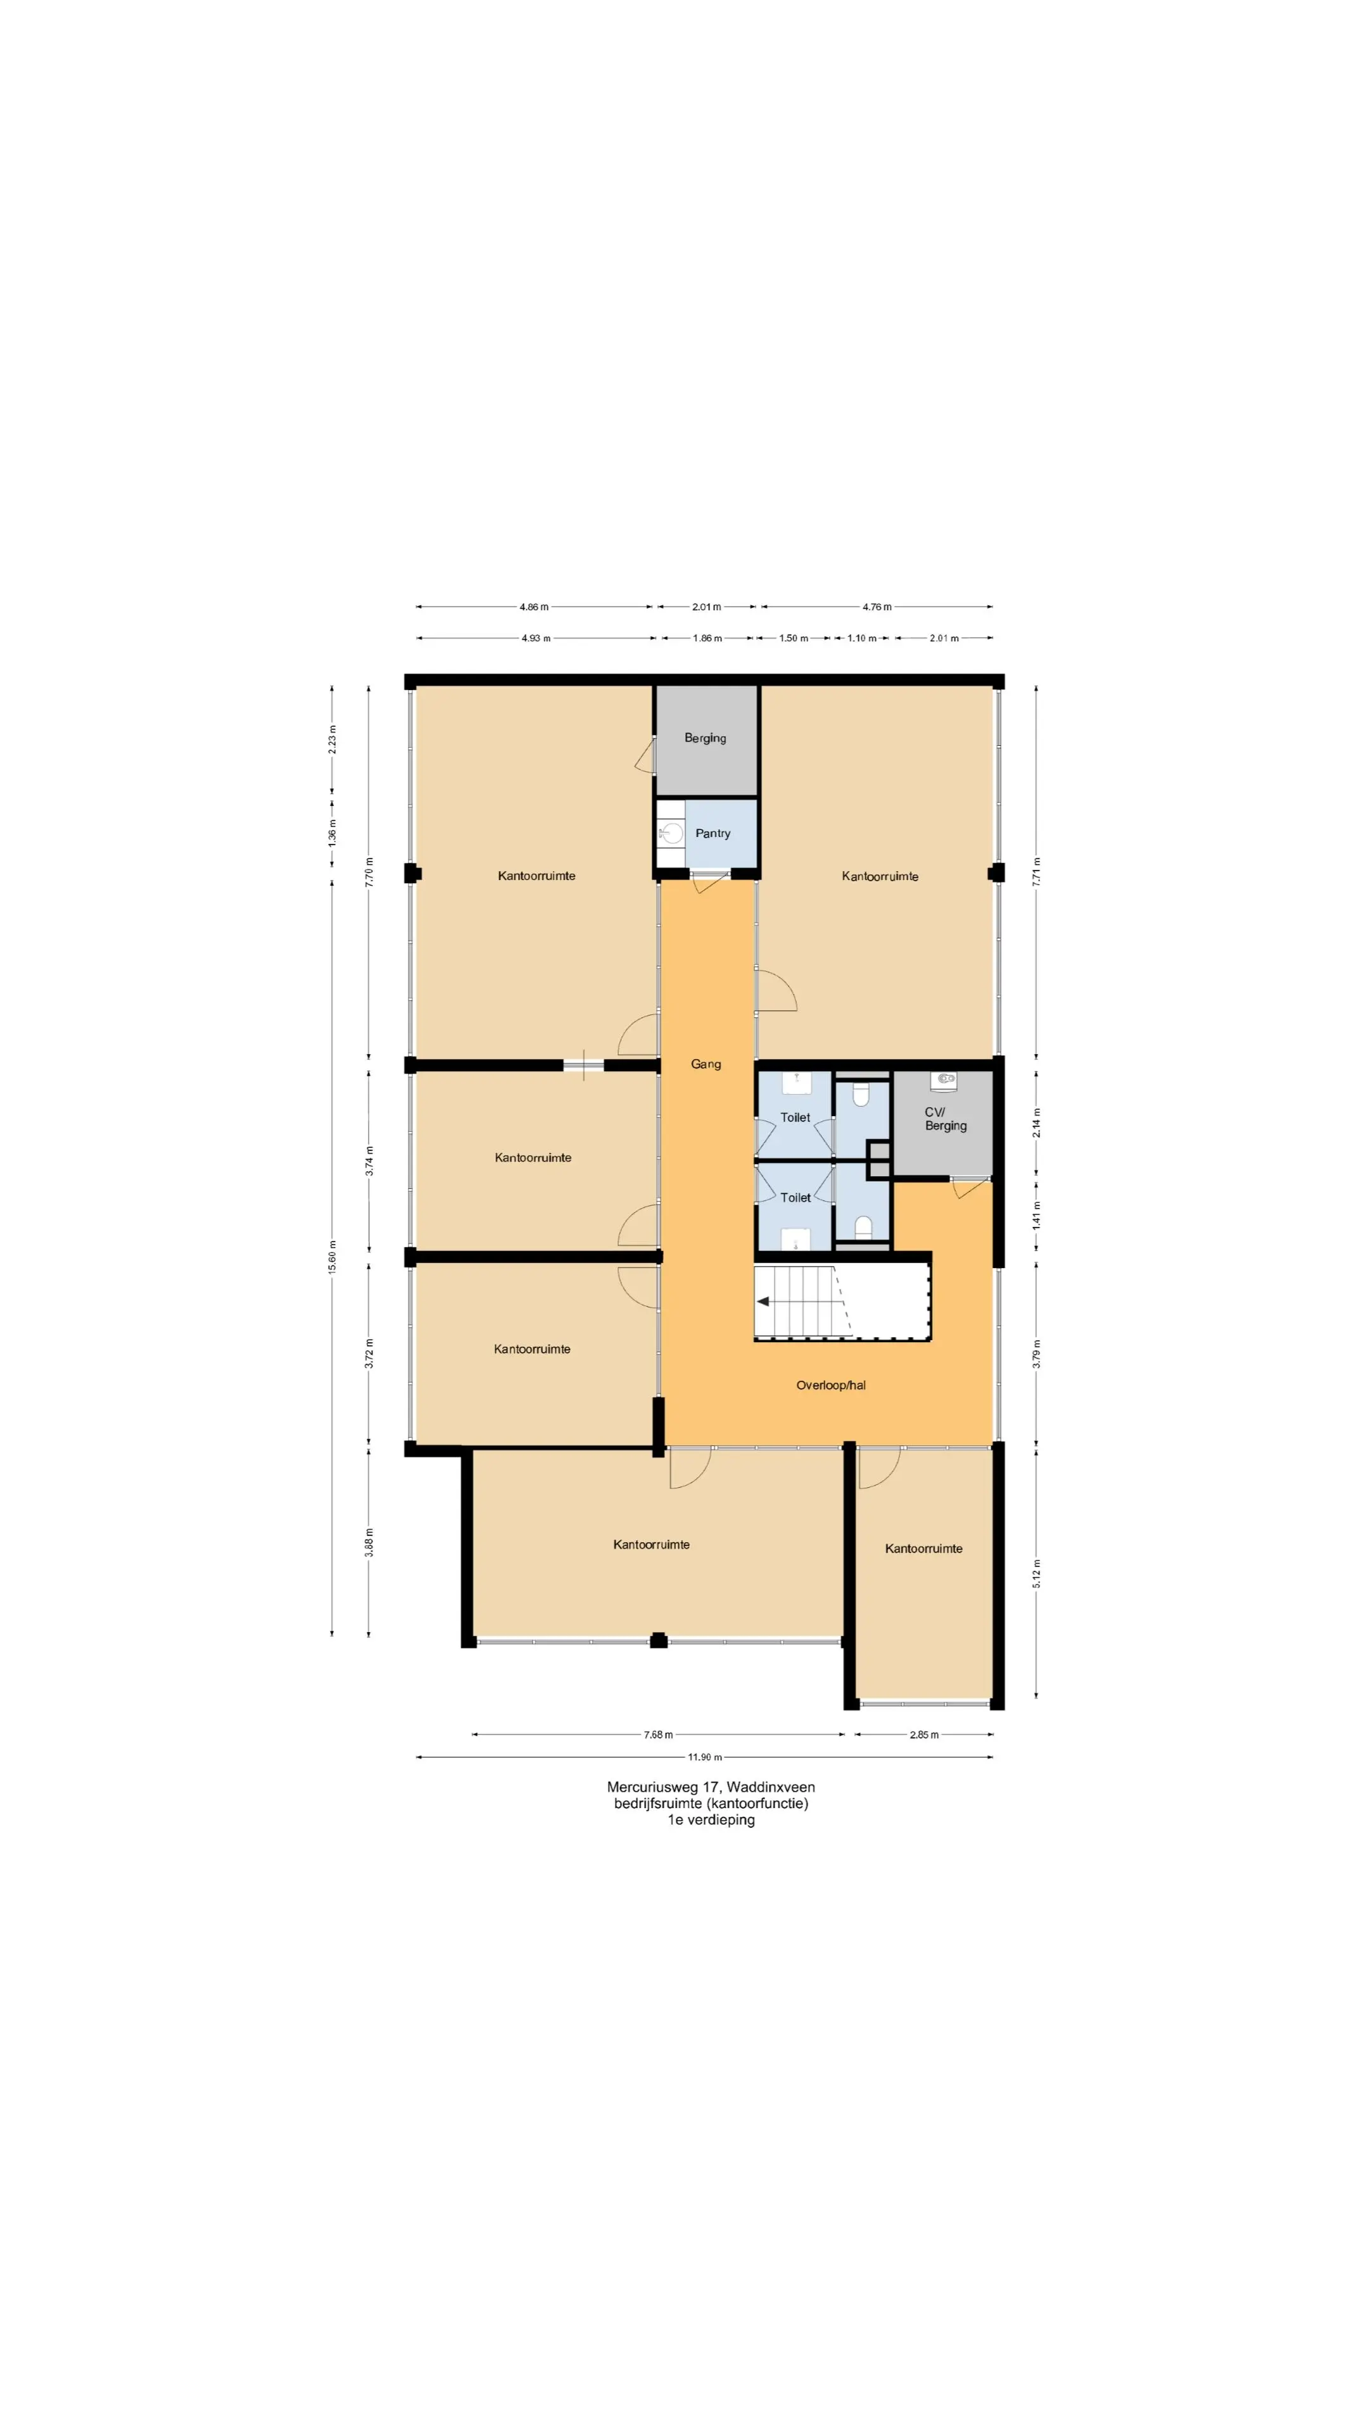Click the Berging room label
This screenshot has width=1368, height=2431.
[706, 738]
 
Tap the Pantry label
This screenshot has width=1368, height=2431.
[712, 833]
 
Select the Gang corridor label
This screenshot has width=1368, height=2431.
[706, 1064]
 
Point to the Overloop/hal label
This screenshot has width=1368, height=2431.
[831, 1385]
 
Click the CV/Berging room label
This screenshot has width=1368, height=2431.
[945, 1118]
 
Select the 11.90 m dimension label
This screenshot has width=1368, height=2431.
[704, 1757]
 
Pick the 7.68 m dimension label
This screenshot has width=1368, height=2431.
[658, 1735]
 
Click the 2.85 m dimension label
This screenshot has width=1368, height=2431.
[924, 1735]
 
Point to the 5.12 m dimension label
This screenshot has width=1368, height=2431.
[1037, 1574]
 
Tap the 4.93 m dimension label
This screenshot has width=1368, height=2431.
[536, 638]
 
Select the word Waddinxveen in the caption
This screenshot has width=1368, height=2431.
[771, 1787]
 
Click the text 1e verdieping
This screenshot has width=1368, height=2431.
[711, 1819]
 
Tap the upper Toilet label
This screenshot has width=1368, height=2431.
[795, 1117]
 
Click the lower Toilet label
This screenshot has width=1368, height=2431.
[795, 1198]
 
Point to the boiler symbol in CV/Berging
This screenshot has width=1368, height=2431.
[944, 1079]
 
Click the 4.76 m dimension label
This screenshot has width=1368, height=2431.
[877, 607]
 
